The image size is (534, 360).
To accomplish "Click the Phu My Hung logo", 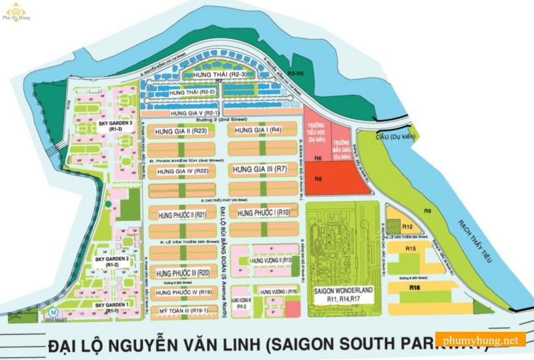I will pyautogui.click(x=14, y=14).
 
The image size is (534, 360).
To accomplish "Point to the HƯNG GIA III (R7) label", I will pyautogui.click(x=260, y=170).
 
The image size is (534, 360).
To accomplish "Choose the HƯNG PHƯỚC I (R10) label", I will pyautogui.click(x=260, y=212).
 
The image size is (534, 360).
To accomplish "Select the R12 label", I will pyautogui.click(x=409, y=227).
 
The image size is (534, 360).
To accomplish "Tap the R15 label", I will pyautogui.click(x=411, y=248).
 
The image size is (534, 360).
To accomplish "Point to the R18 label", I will pyautogui.click(x=415, y=287).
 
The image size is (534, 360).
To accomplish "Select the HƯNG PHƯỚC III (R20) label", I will pyautogui.click(x=183, y=273).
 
